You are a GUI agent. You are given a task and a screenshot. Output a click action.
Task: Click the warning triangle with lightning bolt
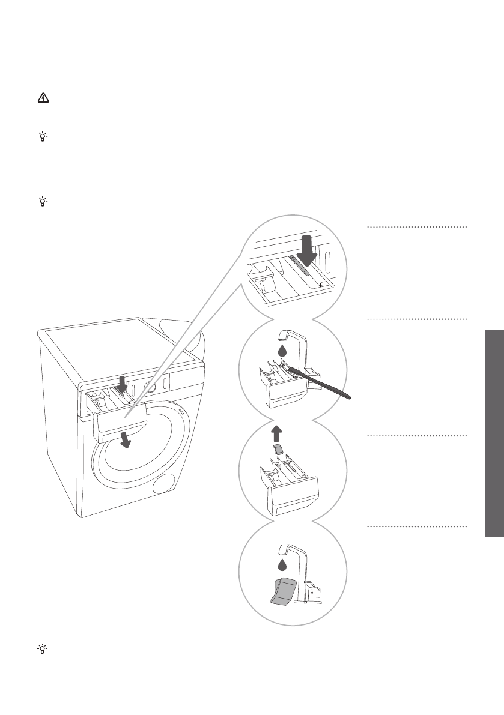click(x=43, y=99)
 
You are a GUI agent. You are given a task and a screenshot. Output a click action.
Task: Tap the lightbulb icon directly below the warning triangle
click(x=43, y=137)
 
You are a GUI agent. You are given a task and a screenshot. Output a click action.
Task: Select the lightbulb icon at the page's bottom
click(x=43, y=649)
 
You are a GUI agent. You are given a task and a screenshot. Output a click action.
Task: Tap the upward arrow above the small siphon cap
click(x=277, y=433)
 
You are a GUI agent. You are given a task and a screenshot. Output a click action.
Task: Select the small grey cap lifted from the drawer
click(x=277, y=450)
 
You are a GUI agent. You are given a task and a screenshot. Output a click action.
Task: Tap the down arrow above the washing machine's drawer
click(x=123, y=383)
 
